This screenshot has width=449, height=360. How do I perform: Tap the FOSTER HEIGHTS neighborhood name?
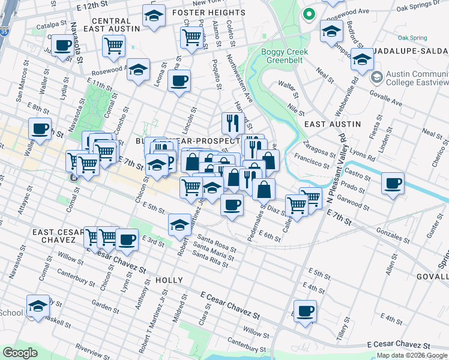[x=208, y=12]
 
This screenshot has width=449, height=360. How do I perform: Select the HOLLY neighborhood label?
[x=169, y=280]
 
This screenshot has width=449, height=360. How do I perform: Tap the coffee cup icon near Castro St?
[x=393, y=184]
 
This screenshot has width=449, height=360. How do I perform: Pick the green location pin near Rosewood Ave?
[x=309, y=14]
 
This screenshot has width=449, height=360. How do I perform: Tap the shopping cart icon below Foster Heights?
[x=191, y=37]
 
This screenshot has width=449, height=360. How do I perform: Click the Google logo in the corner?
[x=20, y=353]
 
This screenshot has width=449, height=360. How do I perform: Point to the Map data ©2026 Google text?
[x=412, y=355]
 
